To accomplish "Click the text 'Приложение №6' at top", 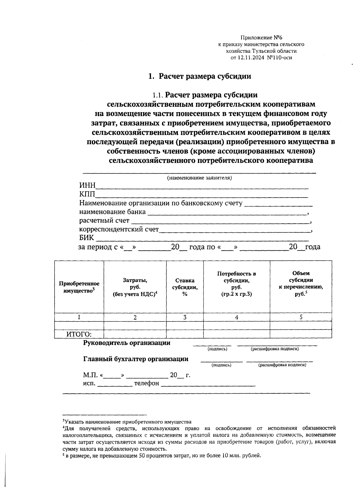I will click(x=261, y=38).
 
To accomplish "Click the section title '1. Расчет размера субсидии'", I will click(x=200, y=76).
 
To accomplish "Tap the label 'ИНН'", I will click(x=87, y=186).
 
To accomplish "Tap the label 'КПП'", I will click(x=87, y=195).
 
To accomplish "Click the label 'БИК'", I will click(x=86, y=238).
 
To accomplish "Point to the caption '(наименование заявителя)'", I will click(x=199, y=178).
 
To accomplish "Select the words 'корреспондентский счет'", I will click(x=119, y=229).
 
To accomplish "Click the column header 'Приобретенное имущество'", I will click(x=79, y=287).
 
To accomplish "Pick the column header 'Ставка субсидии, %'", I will click(x=185, y=287).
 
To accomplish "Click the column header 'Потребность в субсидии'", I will click(x=236, y=283).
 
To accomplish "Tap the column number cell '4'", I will click(x=236, y=317).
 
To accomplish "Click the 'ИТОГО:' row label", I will click(x=79, y=334).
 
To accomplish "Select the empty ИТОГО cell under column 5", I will click(x=301, y=334).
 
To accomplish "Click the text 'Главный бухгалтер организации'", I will click(x=136, y=359).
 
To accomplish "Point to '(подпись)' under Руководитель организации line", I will click(x=217, y=349).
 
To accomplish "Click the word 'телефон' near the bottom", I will click(x=146, y=383).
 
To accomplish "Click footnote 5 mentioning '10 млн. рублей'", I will click(x=162, y=456).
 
